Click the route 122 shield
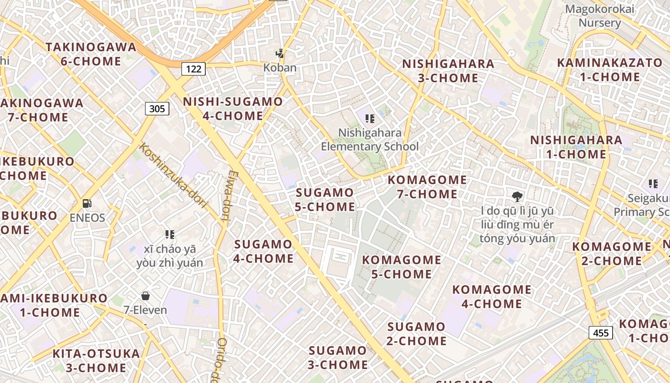pos(193,69)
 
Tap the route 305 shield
pos(157,109)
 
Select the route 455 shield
pos(601,332)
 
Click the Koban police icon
pos(280,54)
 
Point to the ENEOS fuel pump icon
pos(87,203)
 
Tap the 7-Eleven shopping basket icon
pos(145,296)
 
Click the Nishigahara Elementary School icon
pos(369,118)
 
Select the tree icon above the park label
pos(517,196)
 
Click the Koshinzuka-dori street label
pos(173,175)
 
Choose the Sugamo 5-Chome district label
pos(325,200)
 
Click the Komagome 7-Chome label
pos(427,187)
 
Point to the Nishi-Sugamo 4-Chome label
pos(233,109)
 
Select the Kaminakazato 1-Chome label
pos(610,69)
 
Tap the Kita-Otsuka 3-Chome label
pos(96,360)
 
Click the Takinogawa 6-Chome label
pos(91,54)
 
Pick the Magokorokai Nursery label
pos(600,16)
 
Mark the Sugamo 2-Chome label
pos(416,334)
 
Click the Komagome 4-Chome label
pos(491,296)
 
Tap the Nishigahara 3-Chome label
pos(448,71)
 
